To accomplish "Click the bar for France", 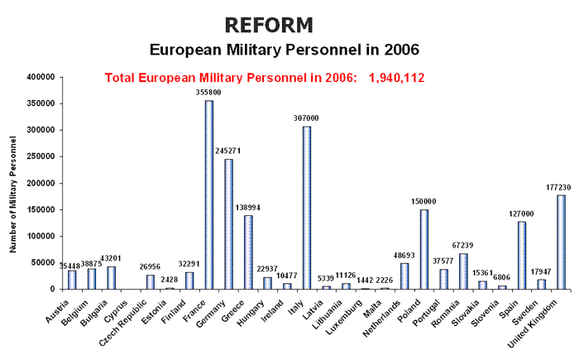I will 209,194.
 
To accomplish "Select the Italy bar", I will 307,208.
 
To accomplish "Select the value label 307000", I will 307,118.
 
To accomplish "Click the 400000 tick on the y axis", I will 40,77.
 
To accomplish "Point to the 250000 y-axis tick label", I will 40,156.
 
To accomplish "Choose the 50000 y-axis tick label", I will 42,262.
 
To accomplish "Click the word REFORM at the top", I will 270,24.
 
